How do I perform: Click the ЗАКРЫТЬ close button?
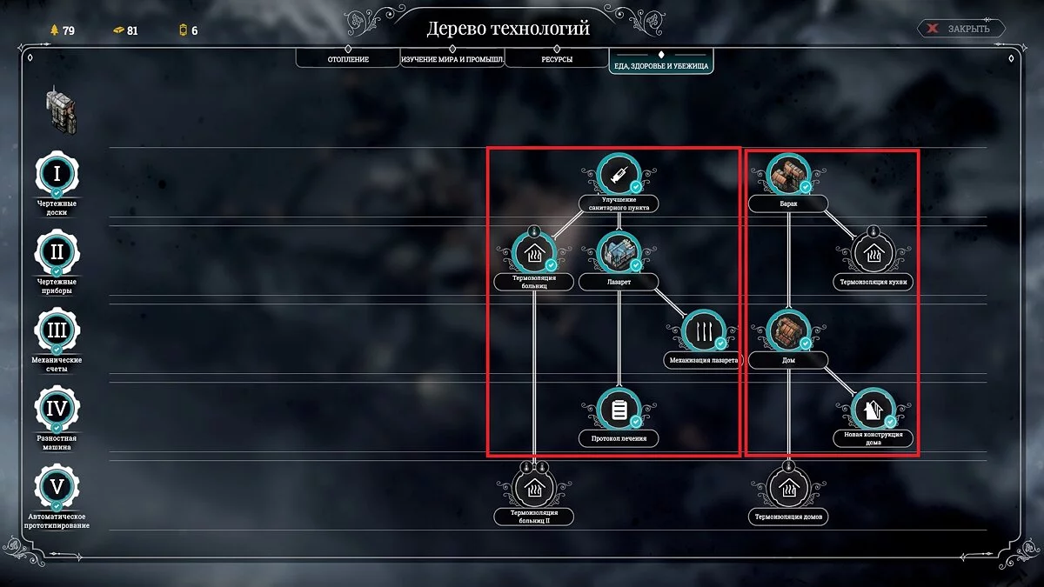(x=960, y=29)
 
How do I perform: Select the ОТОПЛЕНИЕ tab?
(x=348, y=59)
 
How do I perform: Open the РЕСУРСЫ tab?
(x=556, y=59)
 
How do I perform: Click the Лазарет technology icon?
(x=619, y=253)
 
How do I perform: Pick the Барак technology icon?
(x=788, y=175)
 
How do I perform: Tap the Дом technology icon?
(x=788, y=331)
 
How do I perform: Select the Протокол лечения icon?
(x=619, y=410)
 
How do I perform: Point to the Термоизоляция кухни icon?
(x=873, y=253)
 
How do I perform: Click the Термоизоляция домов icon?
(x=788, y=488)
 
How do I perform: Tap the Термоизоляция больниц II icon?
(x=534, y=488)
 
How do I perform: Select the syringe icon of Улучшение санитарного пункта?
(x=619, y=175)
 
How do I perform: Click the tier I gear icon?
(x=57, y=173)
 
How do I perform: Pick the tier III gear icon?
(x=57, y=330)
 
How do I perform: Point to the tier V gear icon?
(x=57, y=486)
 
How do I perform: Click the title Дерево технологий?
(x=508, y=29)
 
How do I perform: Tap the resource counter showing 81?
(x=125, y=30)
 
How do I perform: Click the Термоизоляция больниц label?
(x=534, y=282)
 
